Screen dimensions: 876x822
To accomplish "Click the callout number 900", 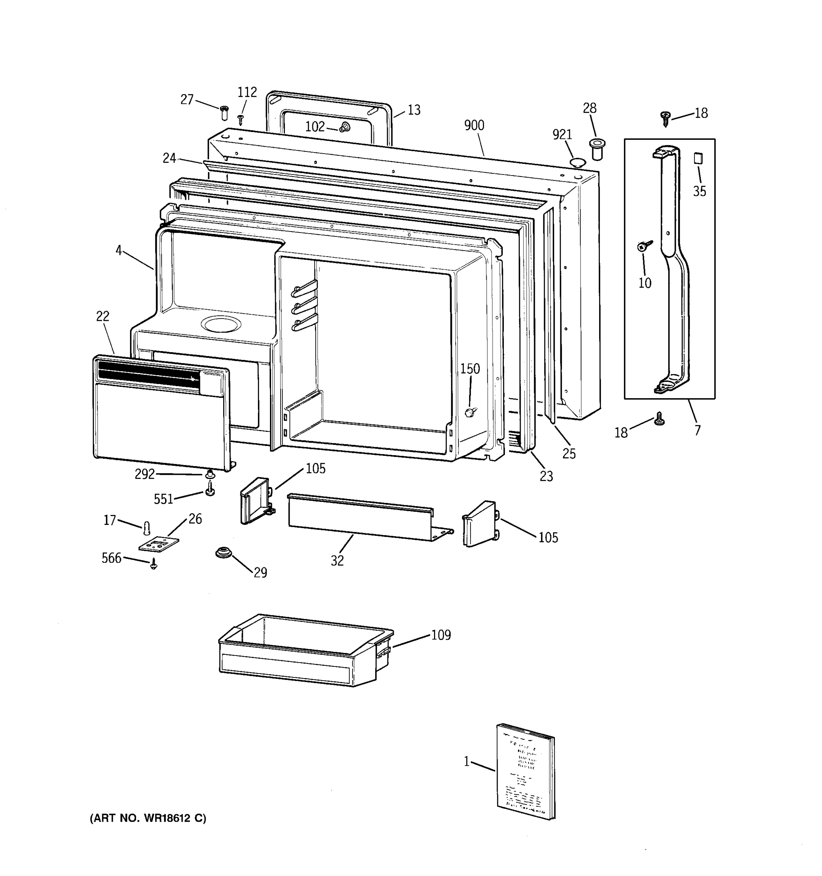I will coord(474,126).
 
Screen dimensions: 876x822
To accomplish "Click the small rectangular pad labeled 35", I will coord(698,158).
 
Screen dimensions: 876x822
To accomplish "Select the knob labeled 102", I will coord(345,127).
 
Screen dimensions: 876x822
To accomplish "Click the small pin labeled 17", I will coord(147,527).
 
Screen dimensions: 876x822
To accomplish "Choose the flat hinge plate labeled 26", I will coord(159,543).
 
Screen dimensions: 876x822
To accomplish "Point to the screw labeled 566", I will coord(153,564).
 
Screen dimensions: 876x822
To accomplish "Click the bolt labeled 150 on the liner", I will coord(470,412).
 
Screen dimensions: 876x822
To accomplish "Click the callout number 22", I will coord(103,316).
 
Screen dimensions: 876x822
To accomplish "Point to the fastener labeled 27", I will coord(224,112).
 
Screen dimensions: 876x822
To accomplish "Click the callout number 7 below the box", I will coord(697,430).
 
